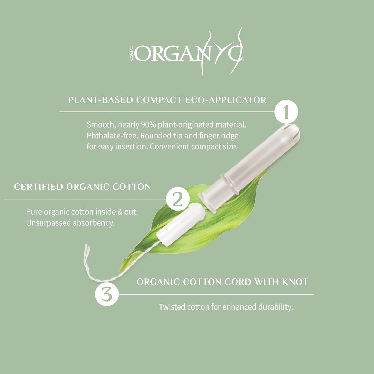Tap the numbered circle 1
point(286,112)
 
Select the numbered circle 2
point(178,199)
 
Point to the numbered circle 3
point(107,294)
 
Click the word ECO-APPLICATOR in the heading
point(226,100)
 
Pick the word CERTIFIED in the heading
point(38,187)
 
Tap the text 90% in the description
point(148,125)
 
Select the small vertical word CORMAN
point(131,53)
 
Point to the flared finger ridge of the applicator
point(207,202)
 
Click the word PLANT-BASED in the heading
point(100,100)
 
